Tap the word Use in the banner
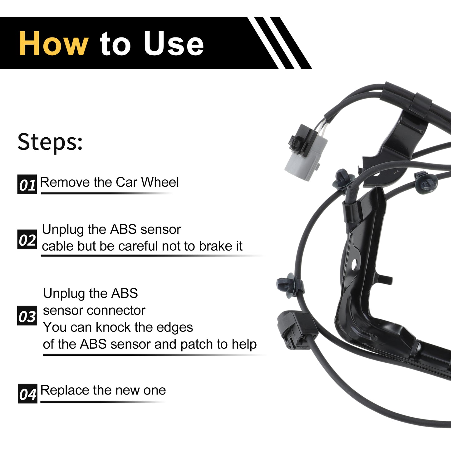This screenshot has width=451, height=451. coord(174,43)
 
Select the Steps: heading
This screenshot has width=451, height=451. coord(50,142)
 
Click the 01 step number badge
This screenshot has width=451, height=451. coord(27,184)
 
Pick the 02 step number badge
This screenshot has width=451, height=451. coord(27,239)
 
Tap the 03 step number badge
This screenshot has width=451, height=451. coord(27,316)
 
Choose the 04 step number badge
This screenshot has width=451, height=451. coord(27,394)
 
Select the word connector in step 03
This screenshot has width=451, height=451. coord(116,311)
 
